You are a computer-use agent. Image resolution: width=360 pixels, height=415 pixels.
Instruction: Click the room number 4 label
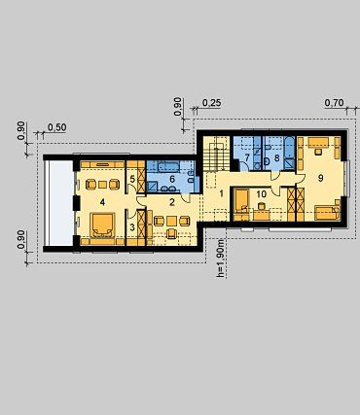(x=102, y=202)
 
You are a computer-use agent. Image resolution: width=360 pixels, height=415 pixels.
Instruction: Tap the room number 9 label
(x=320, y=178)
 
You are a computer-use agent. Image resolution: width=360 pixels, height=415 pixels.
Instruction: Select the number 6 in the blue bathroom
(x=172, y=179)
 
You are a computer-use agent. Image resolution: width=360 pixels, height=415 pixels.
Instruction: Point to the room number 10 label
(x=262, y=194)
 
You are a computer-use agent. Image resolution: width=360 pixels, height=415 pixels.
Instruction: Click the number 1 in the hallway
(x=222, y=194)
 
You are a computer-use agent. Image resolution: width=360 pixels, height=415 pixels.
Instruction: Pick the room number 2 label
(x=172, y=202)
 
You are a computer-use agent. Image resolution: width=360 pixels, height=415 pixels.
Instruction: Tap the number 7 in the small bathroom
(x=247, y=158)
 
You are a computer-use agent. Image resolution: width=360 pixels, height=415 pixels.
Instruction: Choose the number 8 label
(x=276, y=158)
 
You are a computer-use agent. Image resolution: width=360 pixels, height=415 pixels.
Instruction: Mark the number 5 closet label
(x=132, y=179)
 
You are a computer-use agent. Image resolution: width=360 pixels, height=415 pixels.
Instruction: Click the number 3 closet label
(x=132, y=227)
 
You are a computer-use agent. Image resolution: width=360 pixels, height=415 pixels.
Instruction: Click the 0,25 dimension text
(x=212, y=103)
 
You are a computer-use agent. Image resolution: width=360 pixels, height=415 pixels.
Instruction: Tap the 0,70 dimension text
(x=334, y=103)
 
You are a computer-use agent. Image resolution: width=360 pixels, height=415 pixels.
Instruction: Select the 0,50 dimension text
(x=57, y=127)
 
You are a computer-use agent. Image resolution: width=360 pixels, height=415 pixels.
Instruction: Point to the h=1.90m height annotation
(x=220, y=259)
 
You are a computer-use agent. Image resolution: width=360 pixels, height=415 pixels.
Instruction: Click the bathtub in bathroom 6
(x=166, y=167)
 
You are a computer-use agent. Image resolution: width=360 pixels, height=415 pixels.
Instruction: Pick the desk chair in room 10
(x=261, y=206)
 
